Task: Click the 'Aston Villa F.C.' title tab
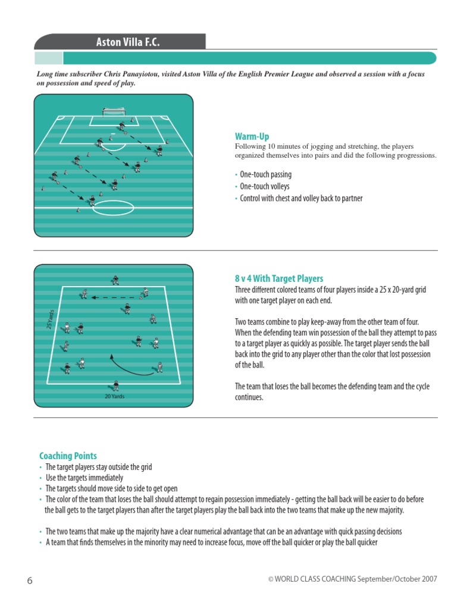[x=128, y=42]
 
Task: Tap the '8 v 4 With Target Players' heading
[x=279, y=278]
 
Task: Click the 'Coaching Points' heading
[x=68, y=456]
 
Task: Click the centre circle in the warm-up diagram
[x=113, y=208]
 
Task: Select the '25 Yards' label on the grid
[x=51, y=317]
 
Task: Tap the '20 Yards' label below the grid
[x=114, y=396]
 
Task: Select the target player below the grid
[x=115, y=385]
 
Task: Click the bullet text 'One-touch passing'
[x=265, y=175]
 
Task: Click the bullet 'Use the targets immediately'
[x=84, y=478]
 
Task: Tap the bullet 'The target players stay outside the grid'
[x=98, y=467]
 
